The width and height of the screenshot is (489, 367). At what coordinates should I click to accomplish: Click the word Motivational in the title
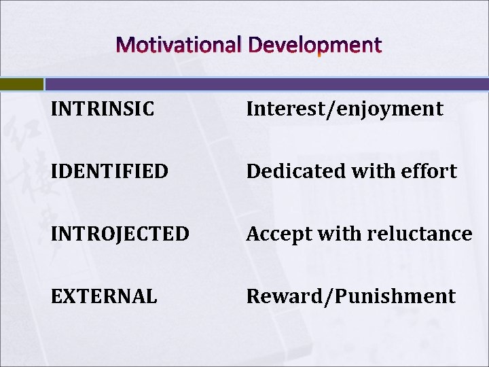coord(179,46)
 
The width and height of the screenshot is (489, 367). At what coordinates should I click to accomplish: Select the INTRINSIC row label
coord(102,109)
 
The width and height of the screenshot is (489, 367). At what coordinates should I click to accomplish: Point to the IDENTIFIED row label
coord(109,171)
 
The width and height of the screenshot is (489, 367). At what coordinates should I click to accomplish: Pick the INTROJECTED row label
coord(120,234)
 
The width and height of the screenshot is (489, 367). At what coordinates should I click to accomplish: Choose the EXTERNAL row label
coord(104,296)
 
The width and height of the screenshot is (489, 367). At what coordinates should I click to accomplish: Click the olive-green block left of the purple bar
coord(21,84)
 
